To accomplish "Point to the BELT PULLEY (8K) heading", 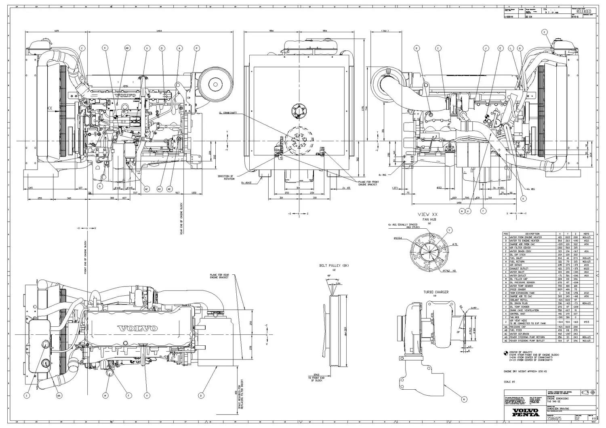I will [x=334, y=266].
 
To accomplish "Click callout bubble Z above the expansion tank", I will [x=544, y=32].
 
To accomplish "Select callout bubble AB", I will [x=127, y=48].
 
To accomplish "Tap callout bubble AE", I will [x=170, y=189].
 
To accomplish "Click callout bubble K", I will [x=524, y=198].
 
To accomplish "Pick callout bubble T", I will [x=482, y=211].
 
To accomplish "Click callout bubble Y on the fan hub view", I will [x=449, y=230].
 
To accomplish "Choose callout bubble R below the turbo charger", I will [x=464, y=399].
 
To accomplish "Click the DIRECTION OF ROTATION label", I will [x=226, y=177].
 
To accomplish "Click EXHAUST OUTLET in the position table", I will [x=519, y=269].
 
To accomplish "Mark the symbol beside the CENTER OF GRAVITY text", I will [x=505, y=353].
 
